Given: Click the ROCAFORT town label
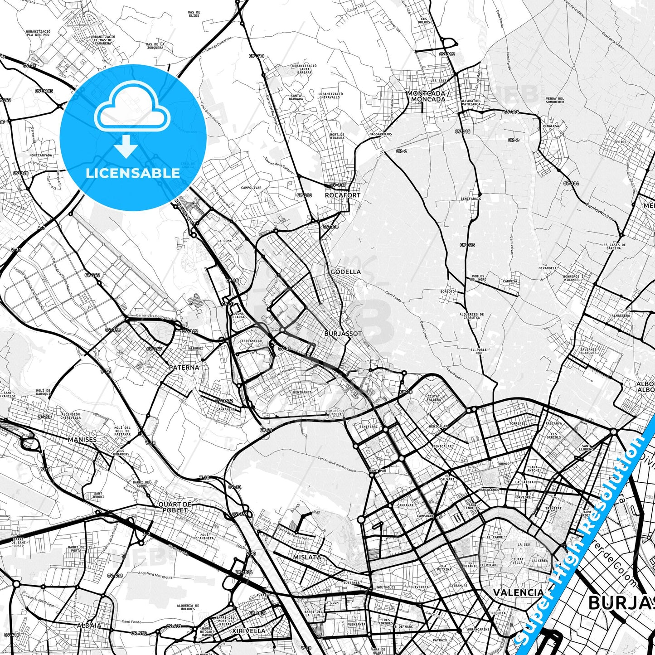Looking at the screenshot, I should click(x=343, y=195).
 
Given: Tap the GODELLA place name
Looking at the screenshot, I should click(x=346, y=272).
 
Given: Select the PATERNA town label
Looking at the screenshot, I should click(x=184, y=368).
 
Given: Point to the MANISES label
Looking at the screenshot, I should click(x=82, y=440).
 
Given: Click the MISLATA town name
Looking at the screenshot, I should click(x=307, y=557).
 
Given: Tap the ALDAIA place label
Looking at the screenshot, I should click(x=89, y=626).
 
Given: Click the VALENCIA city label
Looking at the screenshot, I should click(x=519, y=592).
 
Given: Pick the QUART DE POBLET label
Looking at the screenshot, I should click(x=175, y=507).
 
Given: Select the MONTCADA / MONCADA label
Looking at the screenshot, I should click(x=428, y=96).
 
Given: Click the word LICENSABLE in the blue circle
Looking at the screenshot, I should click(x=133, y=173).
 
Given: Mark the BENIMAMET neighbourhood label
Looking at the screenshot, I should click(x=302, y=393).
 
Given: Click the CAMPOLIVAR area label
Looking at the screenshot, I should click(x=251, y=187).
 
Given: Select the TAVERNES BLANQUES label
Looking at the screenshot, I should click(x=588, y=351).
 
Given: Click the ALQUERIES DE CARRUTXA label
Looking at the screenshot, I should click(x=471, y=316).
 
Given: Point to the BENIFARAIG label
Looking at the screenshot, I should click(x=471, y=199).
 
